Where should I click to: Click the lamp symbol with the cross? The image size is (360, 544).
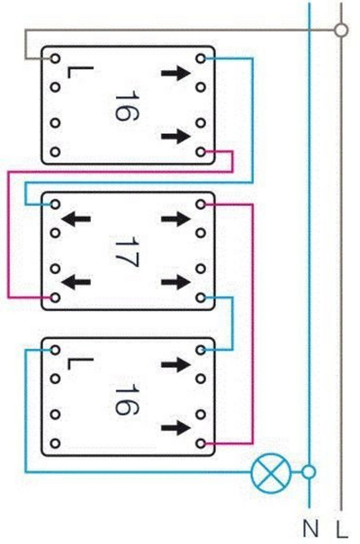tap(271, 472)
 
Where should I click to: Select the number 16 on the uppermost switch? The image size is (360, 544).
tap(126, 105)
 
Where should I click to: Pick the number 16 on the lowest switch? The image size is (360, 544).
tap(126, 399)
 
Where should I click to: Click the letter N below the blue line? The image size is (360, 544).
tap(310, 529)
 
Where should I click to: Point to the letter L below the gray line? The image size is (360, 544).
tap(342, 529)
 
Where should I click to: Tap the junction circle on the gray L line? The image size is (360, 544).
tap(341, 31)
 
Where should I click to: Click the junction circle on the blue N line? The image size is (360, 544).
tap(309, 472)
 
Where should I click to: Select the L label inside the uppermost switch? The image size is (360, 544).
tap(79, 72)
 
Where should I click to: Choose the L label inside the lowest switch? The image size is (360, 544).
tap(79, 363)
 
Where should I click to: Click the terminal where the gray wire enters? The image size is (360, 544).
tap(55, 58)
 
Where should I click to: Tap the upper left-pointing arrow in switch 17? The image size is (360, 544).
tap(76, 218)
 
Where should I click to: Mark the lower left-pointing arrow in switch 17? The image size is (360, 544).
tap(76, 282)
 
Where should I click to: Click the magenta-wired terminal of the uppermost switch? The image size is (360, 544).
tap(201, 152)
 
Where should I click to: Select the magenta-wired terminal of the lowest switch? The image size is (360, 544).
tap(201, 443)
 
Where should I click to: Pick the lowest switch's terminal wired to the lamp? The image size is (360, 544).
tap(55, 350)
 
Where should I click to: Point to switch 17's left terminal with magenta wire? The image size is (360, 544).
tap(55, 298)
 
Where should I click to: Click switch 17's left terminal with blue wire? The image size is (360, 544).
tap(55, 204)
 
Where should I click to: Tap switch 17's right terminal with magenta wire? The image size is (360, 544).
tap(201, 204)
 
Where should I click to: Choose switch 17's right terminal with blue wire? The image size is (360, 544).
tap(201, 298)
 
